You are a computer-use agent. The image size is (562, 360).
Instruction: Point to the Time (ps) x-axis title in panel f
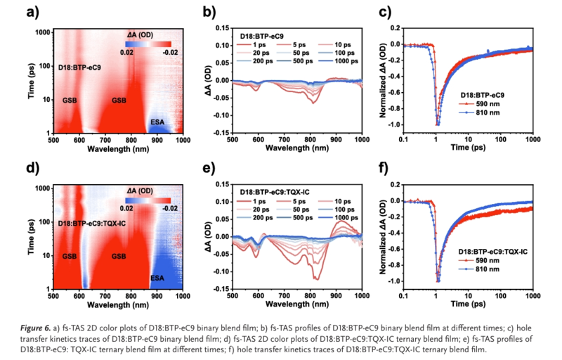478,304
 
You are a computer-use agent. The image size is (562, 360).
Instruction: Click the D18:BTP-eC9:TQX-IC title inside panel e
277,192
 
